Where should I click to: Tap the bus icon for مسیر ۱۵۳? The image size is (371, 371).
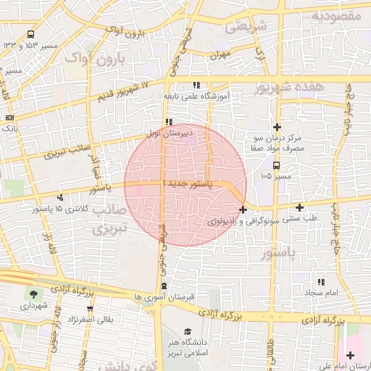tap(30, 34)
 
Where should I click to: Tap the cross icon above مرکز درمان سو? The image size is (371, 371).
tap(277, 127)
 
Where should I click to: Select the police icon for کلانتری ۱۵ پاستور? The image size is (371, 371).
tap(59, 196)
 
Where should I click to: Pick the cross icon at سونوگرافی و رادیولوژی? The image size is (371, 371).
tap(243, 210)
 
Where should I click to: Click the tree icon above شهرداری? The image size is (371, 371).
tap(33, 293)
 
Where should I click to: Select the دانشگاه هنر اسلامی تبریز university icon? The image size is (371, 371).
tap(187, 332)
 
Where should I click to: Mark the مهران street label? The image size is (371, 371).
tap(220, 55)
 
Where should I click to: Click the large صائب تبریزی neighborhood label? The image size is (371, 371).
tap(109, 218)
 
